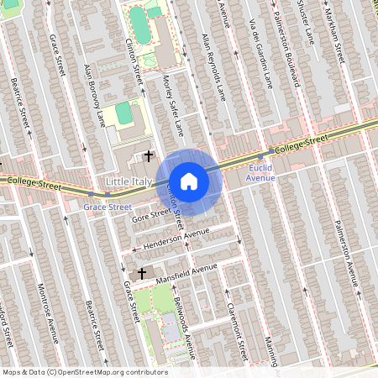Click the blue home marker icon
click(189, 181)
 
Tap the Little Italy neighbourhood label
click(130, 181)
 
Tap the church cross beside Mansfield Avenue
click(141, 274)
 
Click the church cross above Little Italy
click(149, 155)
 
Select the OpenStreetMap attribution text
click(84, 372)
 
